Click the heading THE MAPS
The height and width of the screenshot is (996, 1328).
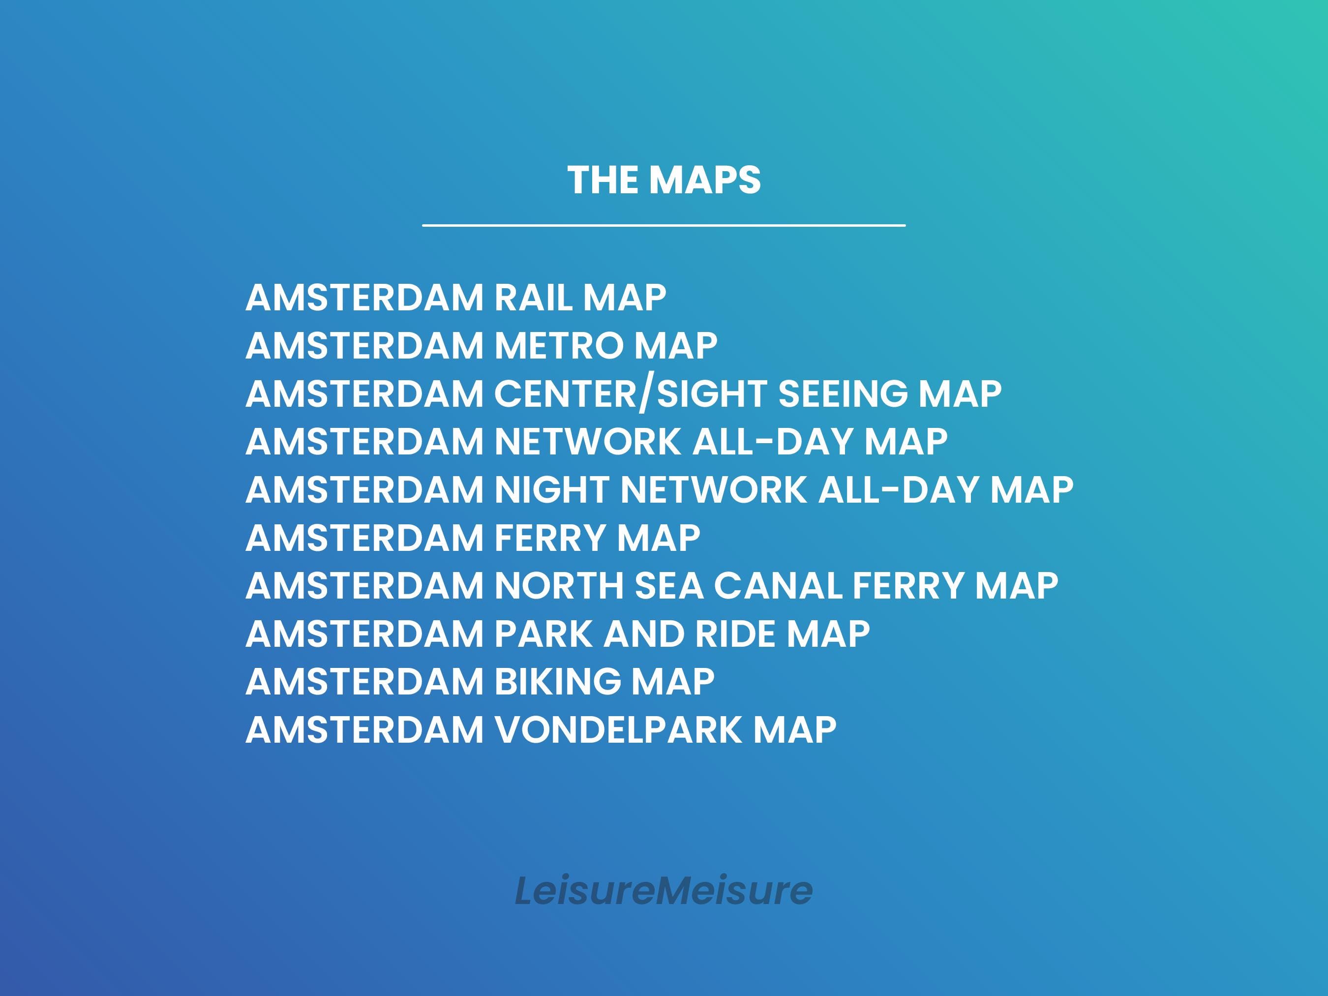664,180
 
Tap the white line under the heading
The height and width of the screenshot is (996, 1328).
664,226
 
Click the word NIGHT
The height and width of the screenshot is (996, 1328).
552,490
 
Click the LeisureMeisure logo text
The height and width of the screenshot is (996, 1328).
664,890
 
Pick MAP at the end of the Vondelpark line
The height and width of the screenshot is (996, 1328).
795,730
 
